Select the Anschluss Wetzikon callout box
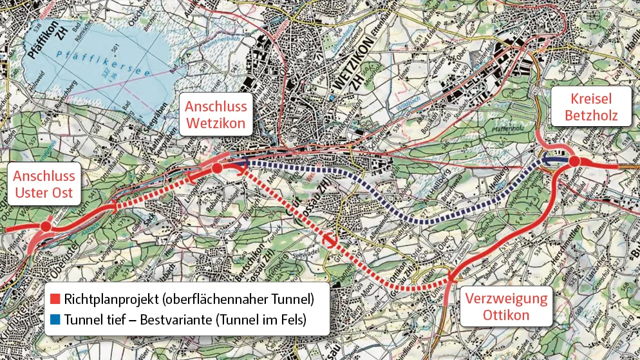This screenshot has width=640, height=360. coord(216,115)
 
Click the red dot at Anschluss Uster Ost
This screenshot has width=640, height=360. coord(45,227)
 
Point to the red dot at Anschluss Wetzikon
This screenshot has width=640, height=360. coord(218,168)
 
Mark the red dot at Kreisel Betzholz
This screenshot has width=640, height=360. coord(575,162)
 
